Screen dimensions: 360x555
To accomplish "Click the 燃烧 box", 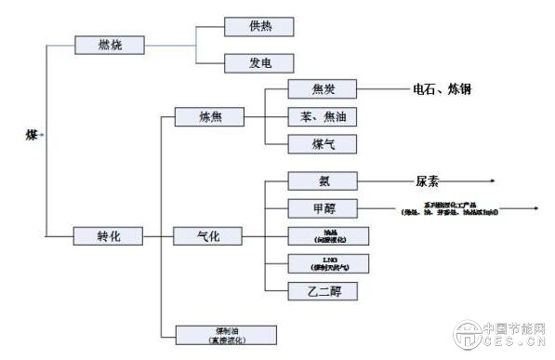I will click(x=109, y=44).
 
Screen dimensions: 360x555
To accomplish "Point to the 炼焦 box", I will click(x=208, y=117).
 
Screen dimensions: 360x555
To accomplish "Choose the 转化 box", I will click(x=109, y=235).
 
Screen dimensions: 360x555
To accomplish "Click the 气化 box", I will click(x=208, y=235).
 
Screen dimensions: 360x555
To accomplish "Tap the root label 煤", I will click(x=31, y=136).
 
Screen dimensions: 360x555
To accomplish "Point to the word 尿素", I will click(x=420, y=182).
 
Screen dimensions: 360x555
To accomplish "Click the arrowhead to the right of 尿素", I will click(x=492, y=182).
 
